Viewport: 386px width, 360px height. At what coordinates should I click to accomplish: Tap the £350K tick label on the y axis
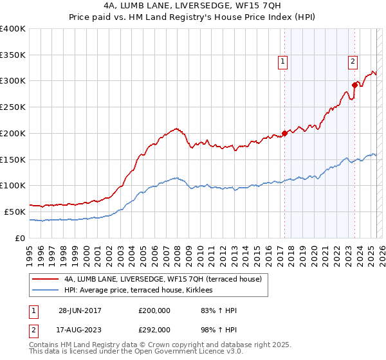pyautogui.click(x=13, y=55)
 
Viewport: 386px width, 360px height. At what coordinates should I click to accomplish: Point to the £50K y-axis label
pyautogui.click(x=15, y=212)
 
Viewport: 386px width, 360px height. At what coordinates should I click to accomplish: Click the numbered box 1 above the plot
pyautogui.click(x=282, y=62)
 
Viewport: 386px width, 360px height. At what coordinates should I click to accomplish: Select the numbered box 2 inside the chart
pyautogui.click(x=353, y=62)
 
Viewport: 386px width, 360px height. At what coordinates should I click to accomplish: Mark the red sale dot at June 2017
pyautogui.click(x=284, y=133)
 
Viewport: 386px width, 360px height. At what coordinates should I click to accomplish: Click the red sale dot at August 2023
pyautogui.click(x=354, y=84)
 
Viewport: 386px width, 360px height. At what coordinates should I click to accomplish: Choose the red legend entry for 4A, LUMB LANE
pyautogui.click(x=162, y=280)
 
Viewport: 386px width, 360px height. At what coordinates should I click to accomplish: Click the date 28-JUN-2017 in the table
pyautogui.click(x=79, y=310)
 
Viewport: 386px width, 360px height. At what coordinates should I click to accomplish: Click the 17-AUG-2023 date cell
pyautogui.click(x=79, y=329)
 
